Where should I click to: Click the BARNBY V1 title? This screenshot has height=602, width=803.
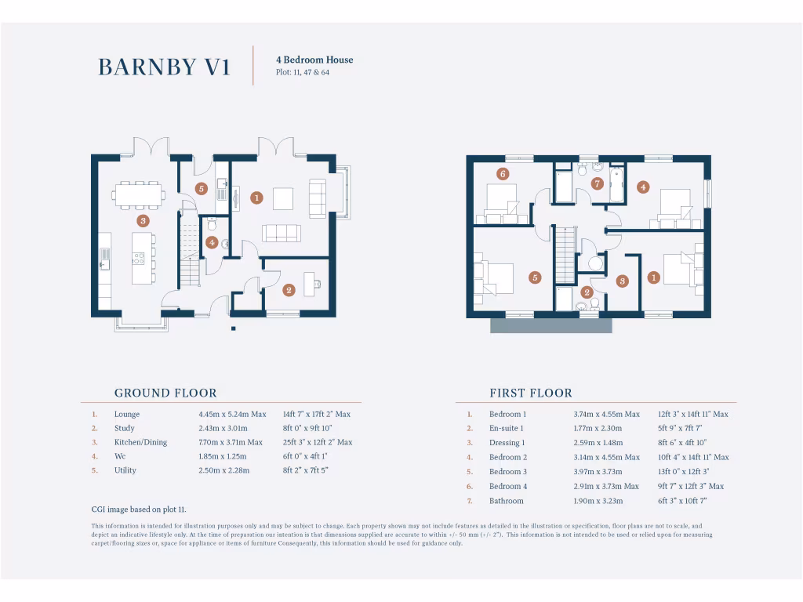pyautogui.click(x=164, y=67)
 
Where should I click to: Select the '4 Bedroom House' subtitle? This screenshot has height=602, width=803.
pyautogui.click(x=314, y=60)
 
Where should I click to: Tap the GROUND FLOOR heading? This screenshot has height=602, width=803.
pyautogui.click(x=165, y=393)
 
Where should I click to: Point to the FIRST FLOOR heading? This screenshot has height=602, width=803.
pyautogui.click(x=531, y=393)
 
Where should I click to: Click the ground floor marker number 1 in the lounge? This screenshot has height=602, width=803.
pyautogui.click(x=256, y=198)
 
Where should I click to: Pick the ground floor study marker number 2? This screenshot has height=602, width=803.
pyautogui.click(x=289, y=290)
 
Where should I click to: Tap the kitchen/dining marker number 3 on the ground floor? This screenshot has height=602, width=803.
pyautogui.click(x=143, y=220)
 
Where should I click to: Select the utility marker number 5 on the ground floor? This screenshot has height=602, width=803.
pyautogui.click(x=202, y=188)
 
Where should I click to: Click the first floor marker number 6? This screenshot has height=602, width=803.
pyautogui.click(x=503, y=174)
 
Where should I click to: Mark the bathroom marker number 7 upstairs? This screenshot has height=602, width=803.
pyautogui.click(x=597, y=183)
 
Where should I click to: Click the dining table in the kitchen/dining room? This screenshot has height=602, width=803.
pyautogui.click(x=139, y=194)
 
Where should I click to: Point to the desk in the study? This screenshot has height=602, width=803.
pyautogui.click(x=312, y=284)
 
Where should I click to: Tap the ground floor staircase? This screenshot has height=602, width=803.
pyautogui.click(x=189, y=249)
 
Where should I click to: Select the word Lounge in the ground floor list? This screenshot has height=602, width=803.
pyautogui.click(x=127, y=414)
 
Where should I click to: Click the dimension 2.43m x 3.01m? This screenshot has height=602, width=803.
pyautogui.click(x=223, y=428)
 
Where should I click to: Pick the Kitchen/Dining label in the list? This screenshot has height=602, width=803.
pyautogui.click(x=141, y=442)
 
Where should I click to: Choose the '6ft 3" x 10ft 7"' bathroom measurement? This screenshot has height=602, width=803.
pyautogui.click(x=682, y=501)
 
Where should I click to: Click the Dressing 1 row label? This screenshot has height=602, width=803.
pyautogui.click(x=507, y=443)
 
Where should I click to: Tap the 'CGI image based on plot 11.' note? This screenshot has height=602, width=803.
pyautogui.click(x=139, y=510)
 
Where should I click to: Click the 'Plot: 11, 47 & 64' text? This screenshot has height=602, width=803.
pyautogui.click(x=303, y=72)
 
